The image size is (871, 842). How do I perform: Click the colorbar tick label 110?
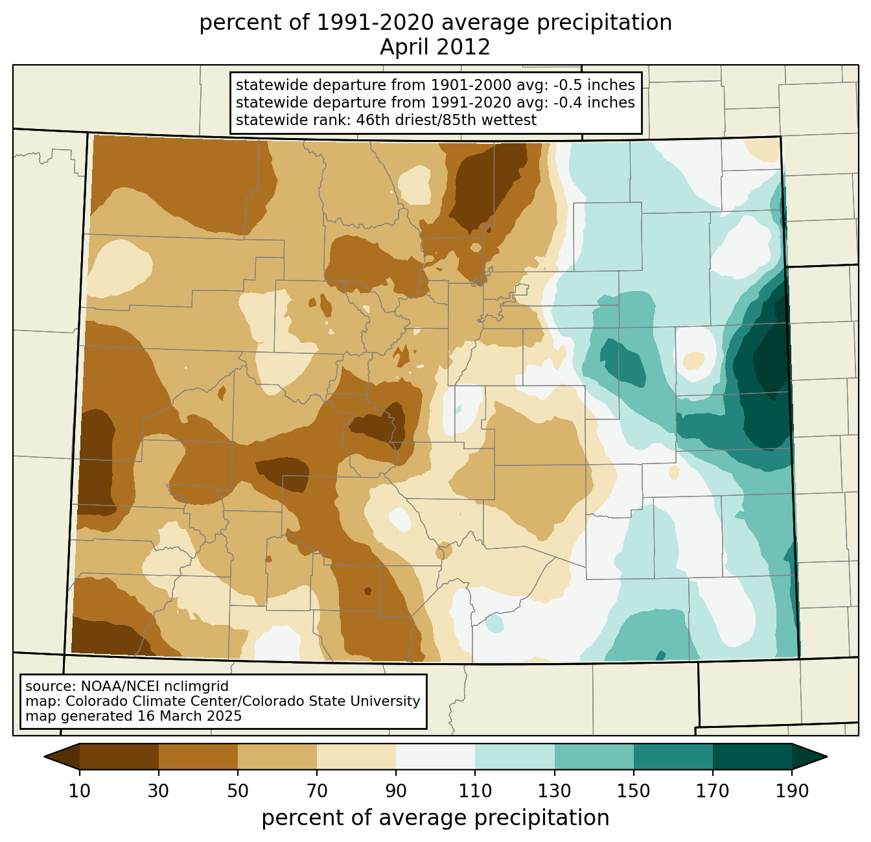475,791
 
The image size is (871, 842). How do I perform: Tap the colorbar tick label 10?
79,791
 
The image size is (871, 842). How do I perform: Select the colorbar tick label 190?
792,791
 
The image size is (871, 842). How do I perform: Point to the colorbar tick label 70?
316,791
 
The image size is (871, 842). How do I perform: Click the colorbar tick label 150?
633,791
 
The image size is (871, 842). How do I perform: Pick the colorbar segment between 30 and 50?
198,756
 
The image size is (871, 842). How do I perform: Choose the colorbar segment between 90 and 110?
435,756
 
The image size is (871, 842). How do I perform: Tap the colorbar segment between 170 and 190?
752,756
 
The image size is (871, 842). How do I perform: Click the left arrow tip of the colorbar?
44,756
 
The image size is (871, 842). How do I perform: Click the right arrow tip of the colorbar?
827,756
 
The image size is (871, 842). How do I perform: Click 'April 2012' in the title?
435,47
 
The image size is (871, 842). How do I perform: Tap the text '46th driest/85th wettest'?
446,120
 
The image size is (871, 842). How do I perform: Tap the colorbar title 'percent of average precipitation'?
435,818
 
